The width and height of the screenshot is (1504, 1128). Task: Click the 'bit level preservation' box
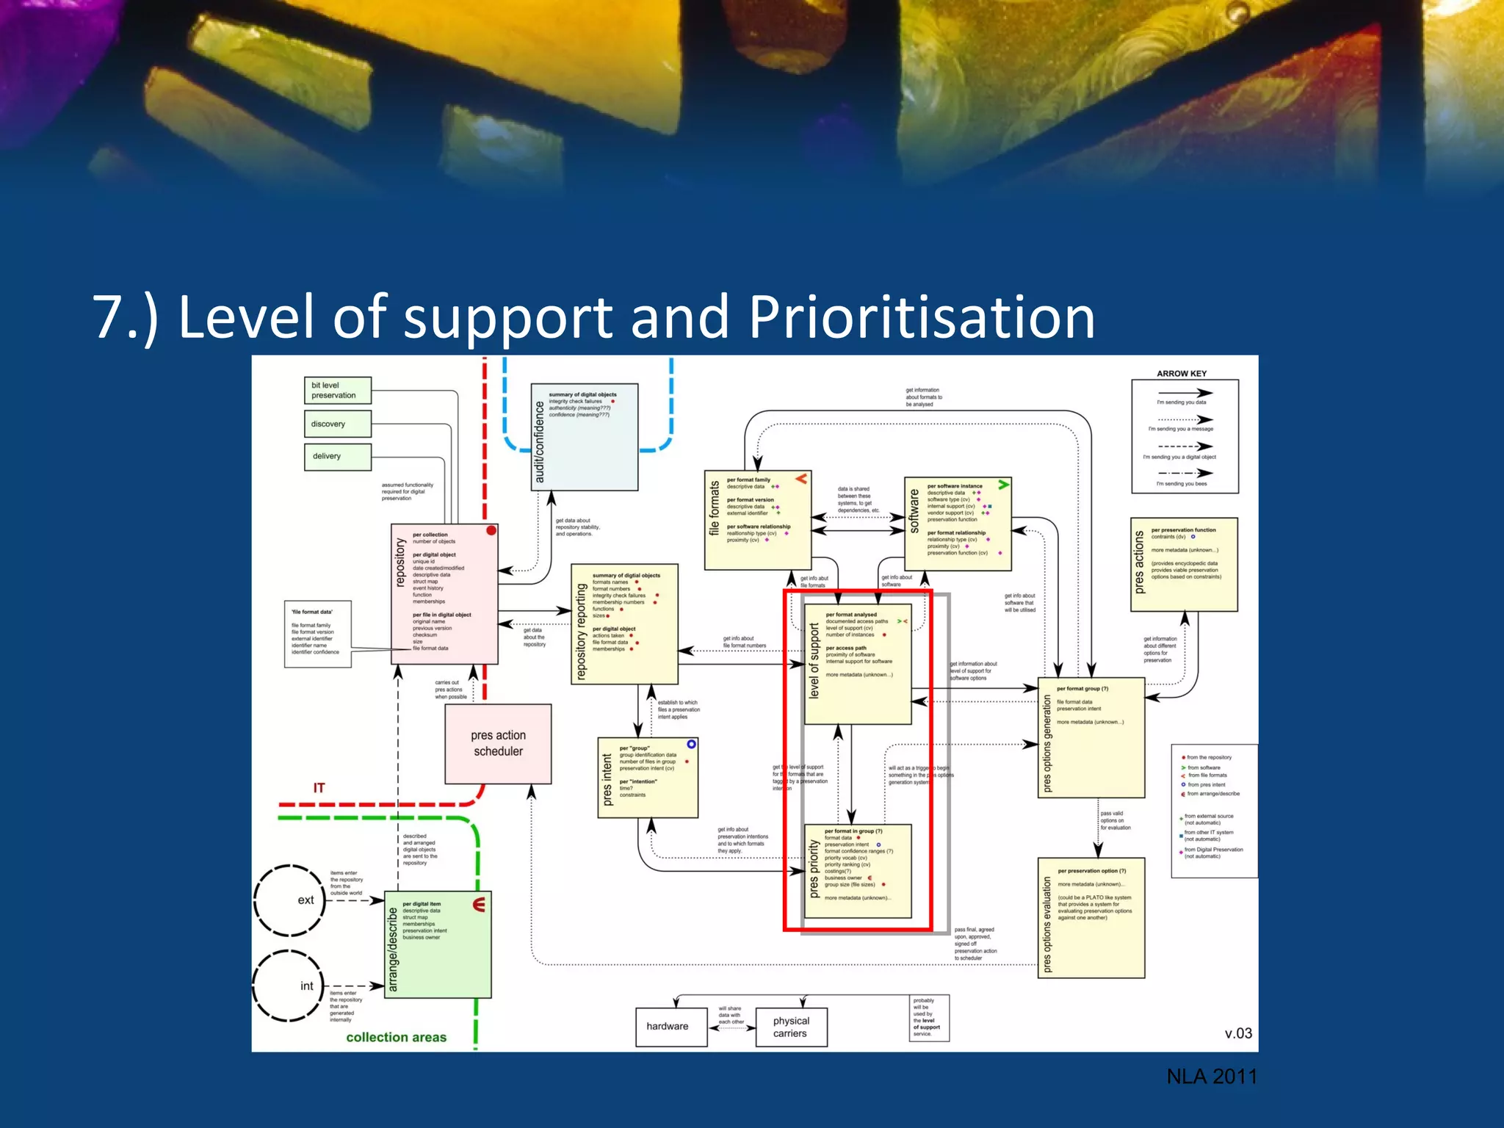(337, 390)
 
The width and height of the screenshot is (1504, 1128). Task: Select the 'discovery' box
(337, 424)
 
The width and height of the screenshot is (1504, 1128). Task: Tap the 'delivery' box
(337, 456)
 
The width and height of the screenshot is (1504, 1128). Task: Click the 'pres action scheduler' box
(498, 743)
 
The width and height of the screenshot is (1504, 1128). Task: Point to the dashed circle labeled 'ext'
(289, 900)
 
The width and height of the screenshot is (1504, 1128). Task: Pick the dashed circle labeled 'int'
(289, 986)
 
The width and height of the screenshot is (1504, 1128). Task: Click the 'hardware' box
(670, 1026)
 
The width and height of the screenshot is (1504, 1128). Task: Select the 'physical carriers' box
(790, 1027)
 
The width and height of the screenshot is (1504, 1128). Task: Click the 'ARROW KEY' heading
(1181, 373)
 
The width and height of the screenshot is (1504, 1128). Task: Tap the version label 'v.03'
(1237, 1033)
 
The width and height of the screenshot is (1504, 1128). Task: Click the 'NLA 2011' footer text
(1211, 1077)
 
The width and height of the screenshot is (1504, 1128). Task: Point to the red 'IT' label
(319, 787)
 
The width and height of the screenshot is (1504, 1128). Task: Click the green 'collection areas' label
(396, 1037)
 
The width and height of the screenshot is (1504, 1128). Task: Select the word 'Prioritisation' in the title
(922, 317)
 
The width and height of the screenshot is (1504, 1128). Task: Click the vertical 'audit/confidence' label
(540, 441)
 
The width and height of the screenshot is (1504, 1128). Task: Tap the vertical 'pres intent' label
(607, 779)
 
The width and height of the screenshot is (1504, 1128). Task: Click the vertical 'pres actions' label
(1139, 563)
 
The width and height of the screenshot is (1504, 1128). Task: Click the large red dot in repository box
(491, 530)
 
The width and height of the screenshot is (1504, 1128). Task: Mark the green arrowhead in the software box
(1003, 485)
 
